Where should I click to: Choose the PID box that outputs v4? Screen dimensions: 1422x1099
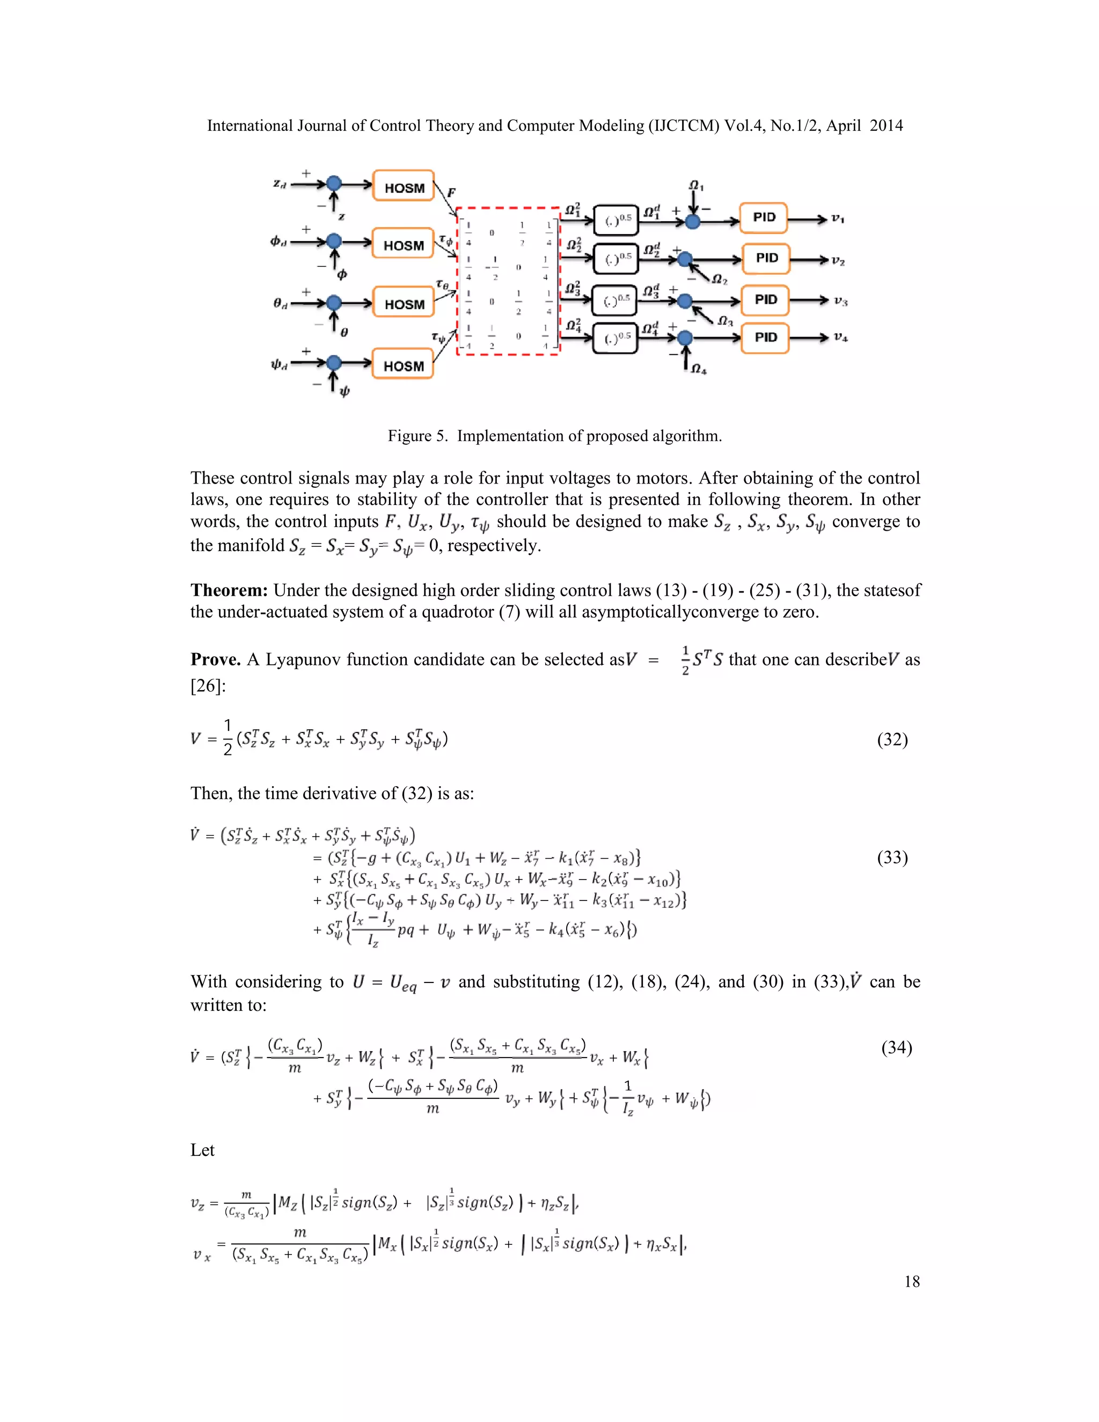(x=765, y=338)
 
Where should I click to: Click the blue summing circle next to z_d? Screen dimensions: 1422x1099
(x=334, y=184)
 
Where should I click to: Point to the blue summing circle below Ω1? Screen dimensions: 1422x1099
(x=693, y=222)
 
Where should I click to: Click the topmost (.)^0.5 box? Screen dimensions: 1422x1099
(x=616, y=221)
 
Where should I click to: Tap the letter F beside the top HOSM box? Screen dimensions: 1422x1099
(x=451, y=192)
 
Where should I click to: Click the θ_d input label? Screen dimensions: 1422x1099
(x=281, y=303)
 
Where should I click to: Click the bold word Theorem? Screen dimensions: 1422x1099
(x=229, y=590)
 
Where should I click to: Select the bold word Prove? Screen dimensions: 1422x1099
(x=216, y=659)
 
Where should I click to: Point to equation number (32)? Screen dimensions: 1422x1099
(x=892, y=739)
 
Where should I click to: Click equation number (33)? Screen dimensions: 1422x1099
(x=892, y=857)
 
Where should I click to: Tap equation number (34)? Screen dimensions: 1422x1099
(x=897, y=1047)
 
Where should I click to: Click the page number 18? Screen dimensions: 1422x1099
(x=912, y=1281)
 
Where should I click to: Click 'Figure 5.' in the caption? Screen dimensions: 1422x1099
(x=417, y=436)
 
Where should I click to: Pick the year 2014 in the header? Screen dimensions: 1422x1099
(x=886, y=126)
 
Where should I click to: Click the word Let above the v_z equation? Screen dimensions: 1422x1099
(x=202, y=1150)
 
